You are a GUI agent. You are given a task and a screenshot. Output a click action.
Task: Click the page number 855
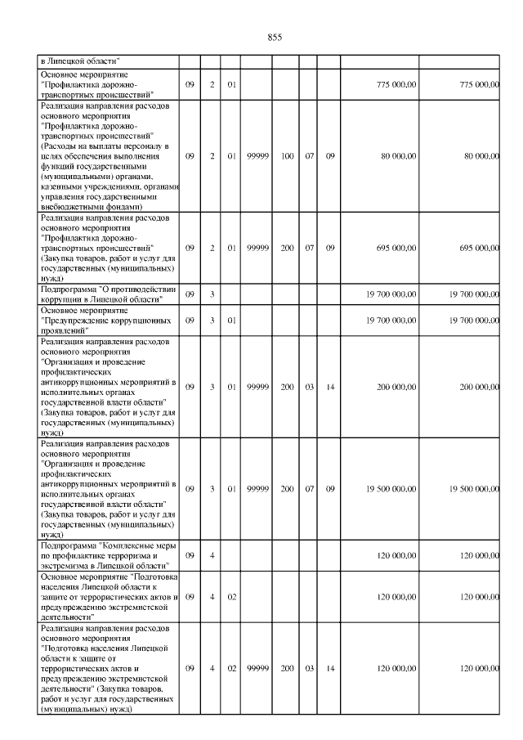tap(275, 38)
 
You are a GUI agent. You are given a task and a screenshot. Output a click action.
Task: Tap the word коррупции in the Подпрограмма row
tap(64, 299)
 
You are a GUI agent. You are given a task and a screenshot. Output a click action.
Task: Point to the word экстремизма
tap(69, 565)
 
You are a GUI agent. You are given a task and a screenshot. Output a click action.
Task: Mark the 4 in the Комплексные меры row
tap(211, 555)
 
